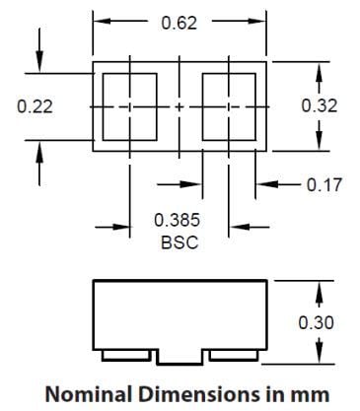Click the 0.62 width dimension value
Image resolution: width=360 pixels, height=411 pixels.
179,22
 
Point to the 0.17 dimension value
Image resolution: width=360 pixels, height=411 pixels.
322,183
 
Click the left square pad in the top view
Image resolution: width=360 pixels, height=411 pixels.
130,105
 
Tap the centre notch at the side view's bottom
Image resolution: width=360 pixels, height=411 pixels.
179,354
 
